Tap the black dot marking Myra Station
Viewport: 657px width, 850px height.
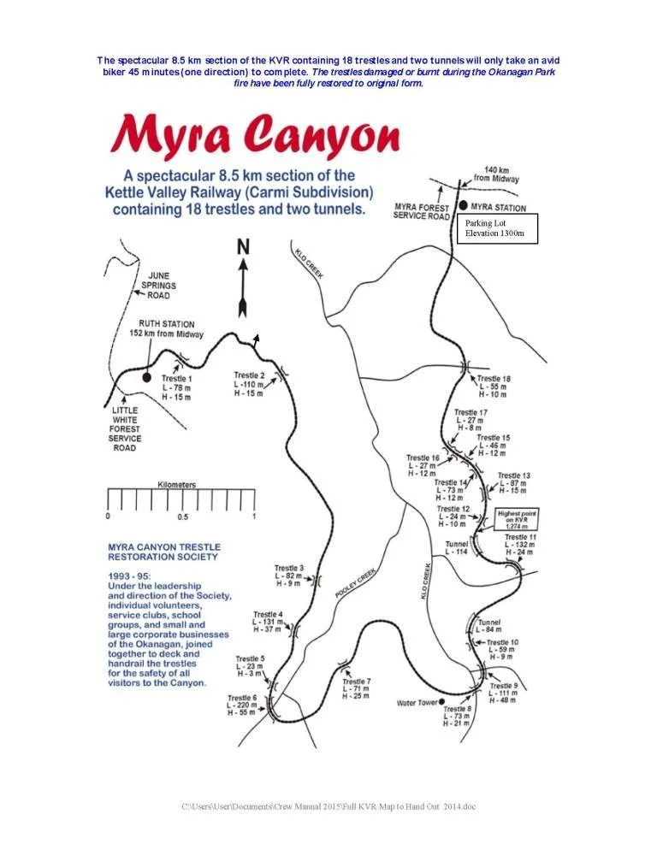464,206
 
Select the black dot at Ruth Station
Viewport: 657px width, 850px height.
146,376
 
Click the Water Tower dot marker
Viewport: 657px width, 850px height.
441,702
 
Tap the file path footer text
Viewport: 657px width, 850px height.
328,806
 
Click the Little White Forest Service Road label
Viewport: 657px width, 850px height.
126,428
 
